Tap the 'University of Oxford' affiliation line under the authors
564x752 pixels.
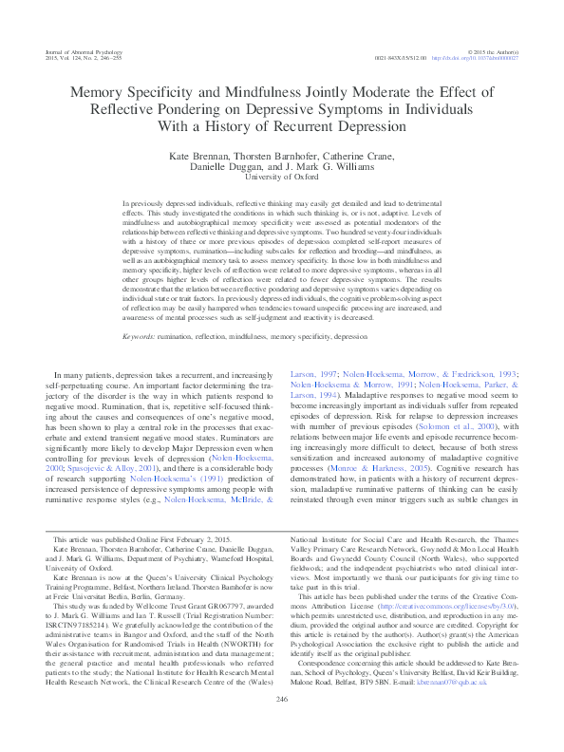point(281,177)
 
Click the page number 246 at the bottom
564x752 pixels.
point(281,726)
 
